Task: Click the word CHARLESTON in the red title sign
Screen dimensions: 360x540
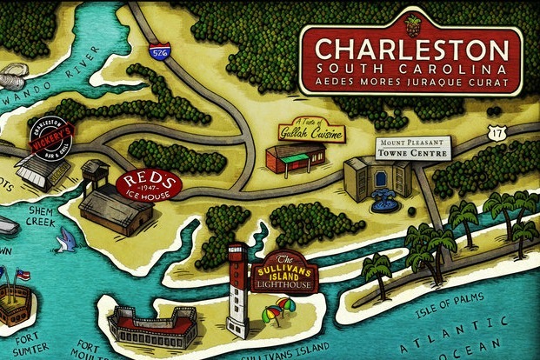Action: click(x=410, y=49)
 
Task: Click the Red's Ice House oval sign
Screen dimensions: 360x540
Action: click(x=148, y=184)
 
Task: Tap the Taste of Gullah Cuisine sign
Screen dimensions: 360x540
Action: click(x=311, y=131)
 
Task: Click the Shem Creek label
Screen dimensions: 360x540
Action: click(x=43, y=217)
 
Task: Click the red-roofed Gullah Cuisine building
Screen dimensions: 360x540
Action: click(x=293, y=158)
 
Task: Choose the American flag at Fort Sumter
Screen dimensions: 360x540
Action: click(x=20, y=275)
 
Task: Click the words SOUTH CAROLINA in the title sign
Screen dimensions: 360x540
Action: click(x=411, y=67)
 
